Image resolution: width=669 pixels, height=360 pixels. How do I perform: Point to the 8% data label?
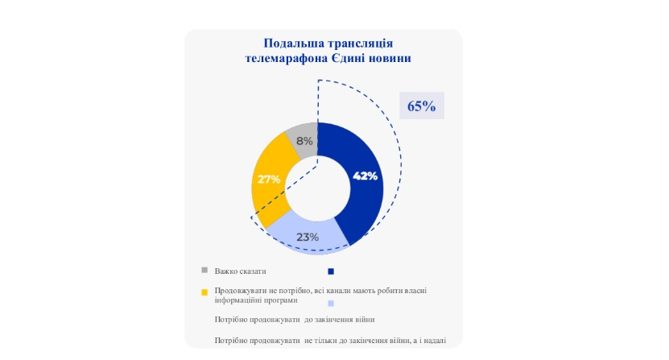point(304,141)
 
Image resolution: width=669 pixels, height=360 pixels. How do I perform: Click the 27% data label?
point(269,179)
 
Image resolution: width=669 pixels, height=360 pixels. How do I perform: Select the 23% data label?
point(308,237)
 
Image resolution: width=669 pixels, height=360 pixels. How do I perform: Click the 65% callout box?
point(422,106)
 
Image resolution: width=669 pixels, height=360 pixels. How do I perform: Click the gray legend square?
point(204,270)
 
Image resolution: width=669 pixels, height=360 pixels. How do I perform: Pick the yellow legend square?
point(204,292)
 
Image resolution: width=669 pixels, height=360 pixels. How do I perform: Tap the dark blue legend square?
point(331,271)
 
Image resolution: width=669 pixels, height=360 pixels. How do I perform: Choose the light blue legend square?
point(331,303)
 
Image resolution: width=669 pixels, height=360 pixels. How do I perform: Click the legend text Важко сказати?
point(240,271)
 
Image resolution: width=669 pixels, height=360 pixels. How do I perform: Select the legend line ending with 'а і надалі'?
point(330,341)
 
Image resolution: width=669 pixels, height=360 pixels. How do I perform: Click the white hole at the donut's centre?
point(317,188)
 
